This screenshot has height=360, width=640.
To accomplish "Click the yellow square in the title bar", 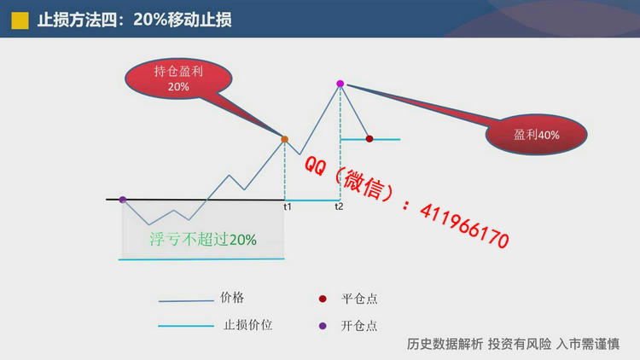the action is coord(20,20).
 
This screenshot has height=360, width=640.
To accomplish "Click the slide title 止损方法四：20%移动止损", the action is coord(134,20).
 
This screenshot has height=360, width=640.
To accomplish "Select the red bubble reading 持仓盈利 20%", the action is coord(178,78).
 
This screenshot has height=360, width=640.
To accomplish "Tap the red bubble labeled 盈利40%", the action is coord(537,134).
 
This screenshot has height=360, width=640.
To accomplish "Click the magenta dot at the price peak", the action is coord(340,84).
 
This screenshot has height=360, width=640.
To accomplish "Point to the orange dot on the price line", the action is coord(284,139).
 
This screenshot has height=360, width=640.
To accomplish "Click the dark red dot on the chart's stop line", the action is coord(369,139).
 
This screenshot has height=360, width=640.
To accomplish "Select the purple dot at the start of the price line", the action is coord(123,200).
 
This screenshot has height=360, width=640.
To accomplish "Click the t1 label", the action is coord(288,207).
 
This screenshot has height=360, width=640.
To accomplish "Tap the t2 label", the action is coord(339,206).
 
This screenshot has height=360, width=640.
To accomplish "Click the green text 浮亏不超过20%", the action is coord(203,239).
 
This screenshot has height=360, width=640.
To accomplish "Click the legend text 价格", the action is coord(232,298).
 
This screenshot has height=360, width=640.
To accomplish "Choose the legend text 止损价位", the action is coord(247,325).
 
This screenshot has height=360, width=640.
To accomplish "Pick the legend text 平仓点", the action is coord(359,299).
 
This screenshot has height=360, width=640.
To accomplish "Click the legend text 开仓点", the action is coord(359,326).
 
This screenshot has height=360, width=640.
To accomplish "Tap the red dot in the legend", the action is coord(323,299).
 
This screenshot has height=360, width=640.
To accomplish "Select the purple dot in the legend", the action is coord(323,326).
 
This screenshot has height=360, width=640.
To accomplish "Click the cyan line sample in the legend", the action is coord(186,326).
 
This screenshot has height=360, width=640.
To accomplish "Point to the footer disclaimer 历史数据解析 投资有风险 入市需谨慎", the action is coord(513,344).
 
